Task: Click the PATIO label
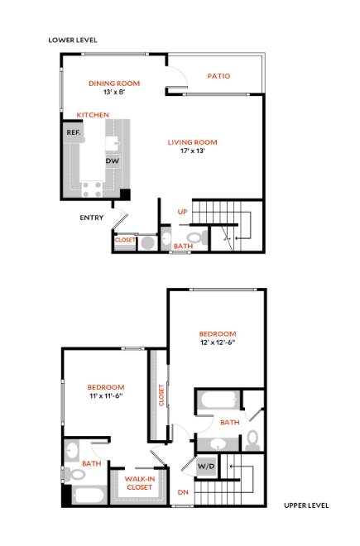tap(218, 76)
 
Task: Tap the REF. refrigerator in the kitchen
tap(74, 132)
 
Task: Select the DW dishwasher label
tap(113, 160)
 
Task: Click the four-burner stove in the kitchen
tap(93, 189)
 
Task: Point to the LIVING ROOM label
tap(192, 142)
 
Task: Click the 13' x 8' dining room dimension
tap(114, 93)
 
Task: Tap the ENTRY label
tap(92, 218)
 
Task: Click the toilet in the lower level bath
tap(198, 237)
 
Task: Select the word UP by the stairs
tap(182, 212)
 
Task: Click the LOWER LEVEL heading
tap(73, 40)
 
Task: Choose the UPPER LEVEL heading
tap(306, 505)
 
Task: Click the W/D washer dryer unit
tap(206, 466)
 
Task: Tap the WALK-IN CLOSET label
tap(140, 483)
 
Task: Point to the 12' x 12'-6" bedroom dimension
tap(218, 342)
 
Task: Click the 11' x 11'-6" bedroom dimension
tap(106, 396)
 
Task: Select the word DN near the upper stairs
tap(183, 492)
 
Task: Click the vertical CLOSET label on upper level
tap(161, 395)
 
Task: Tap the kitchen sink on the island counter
tap(113, 143)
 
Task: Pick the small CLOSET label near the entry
tap(125, 240)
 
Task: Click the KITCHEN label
tap(93, 115)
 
